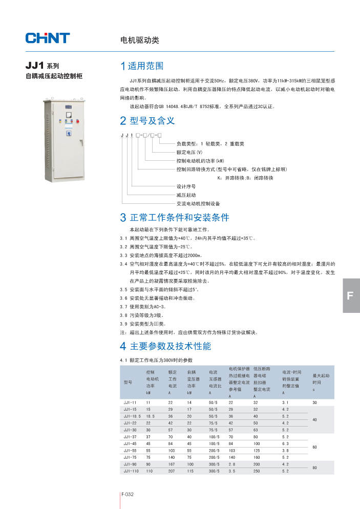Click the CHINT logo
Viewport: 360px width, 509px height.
[x=48, y=38]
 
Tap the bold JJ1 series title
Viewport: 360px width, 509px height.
[x=35, y=66]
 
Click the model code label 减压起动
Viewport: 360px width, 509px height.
[x=186, y=195]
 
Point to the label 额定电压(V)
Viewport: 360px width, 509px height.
[x=189, y=152]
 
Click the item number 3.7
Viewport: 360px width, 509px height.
[x=123, y=307]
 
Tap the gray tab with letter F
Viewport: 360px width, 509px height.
[x=351, y=295]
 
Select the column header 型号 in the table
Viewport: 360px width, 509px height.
[x=128, y=382]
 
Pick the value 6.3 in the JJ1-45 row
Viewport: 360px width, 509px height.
[x=286, y=443]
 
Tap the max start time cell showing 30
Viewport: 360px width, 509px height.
[x=315, y=403]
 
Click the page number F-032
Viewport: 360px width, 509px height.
[x=128, y=495]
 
